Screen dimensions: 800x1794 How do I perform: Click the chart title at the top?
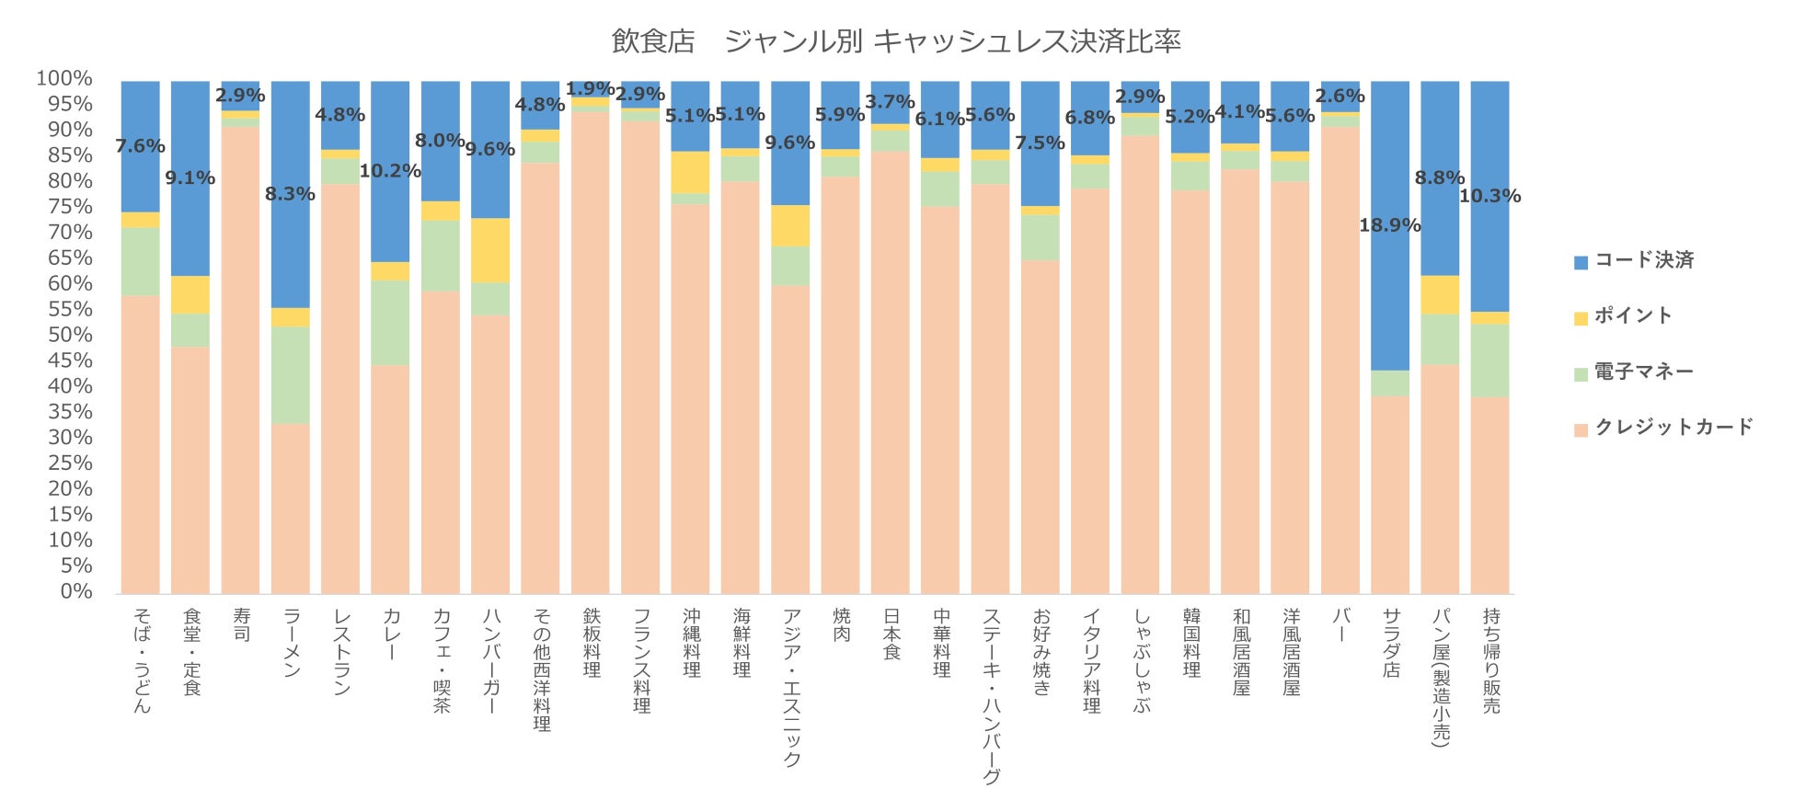point(896,41)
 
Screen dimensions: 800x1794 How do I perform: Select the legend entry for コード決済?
point(1643,260)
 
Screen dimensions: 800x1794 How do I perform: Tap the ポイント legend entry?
point(1632,315)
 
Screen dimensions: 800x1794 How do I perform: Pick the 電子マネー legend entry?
point(1643,371)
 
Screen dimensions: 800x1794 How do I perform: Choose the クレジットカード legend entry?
point(1673,427)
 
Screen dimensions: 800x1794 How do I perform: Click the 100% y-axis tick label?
point(64,78)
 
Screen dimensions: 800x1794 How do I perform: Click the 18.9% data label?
point(1389,225)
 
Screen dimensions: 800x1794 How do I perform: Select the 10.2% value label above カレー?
point(390,171)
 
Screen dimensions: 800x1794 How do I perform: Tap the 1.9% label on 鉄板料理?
point(590,89)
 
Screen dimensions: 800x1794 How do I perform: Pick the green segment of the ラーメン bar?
point(290,375)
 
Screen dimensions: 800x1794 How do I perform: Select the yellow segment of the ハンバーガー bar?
point(490,250)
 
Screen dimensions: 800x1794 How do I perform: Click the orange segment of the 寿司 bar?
point(240,359)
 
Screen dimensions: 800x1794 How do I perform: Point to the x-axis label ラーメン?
point(291,643)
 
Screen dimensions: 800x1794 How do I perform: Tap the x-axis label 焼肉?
point(841,624)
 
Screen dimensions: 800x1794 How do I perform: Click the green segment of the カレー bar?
point(390,322)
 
